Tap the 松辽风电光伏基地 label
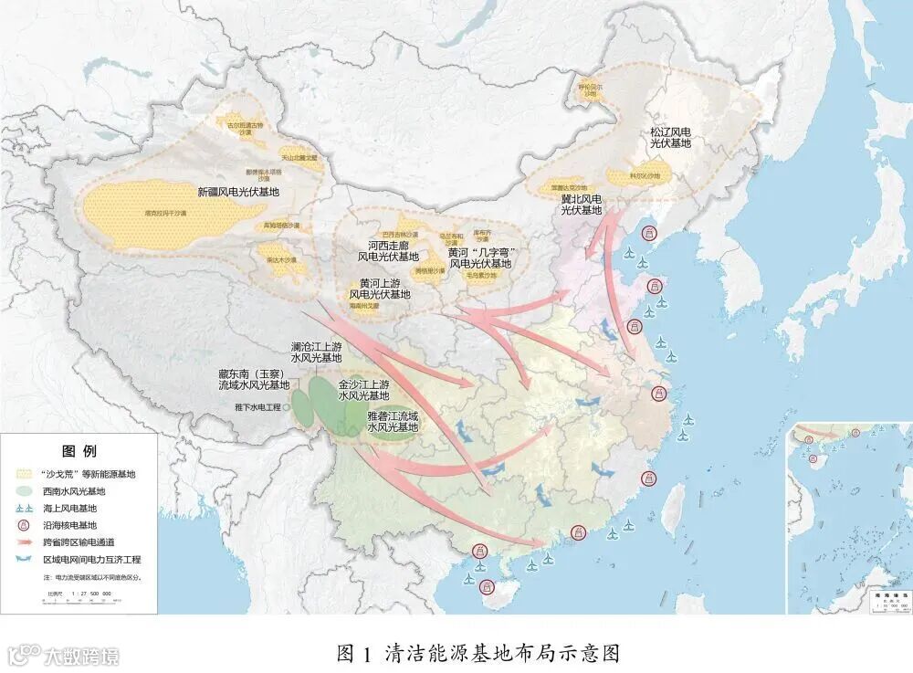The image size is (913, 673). [x=671, y=138]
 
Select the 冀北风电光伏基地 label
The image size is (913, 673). [x=581, y=205]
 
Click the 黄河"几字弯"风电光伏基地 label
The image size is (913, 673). [x=480, y=258]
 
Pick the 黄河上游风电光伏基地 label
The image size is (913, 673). [x=380, y=289]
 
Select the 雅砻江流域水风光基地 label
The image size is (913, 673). [x=392, y=421]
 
